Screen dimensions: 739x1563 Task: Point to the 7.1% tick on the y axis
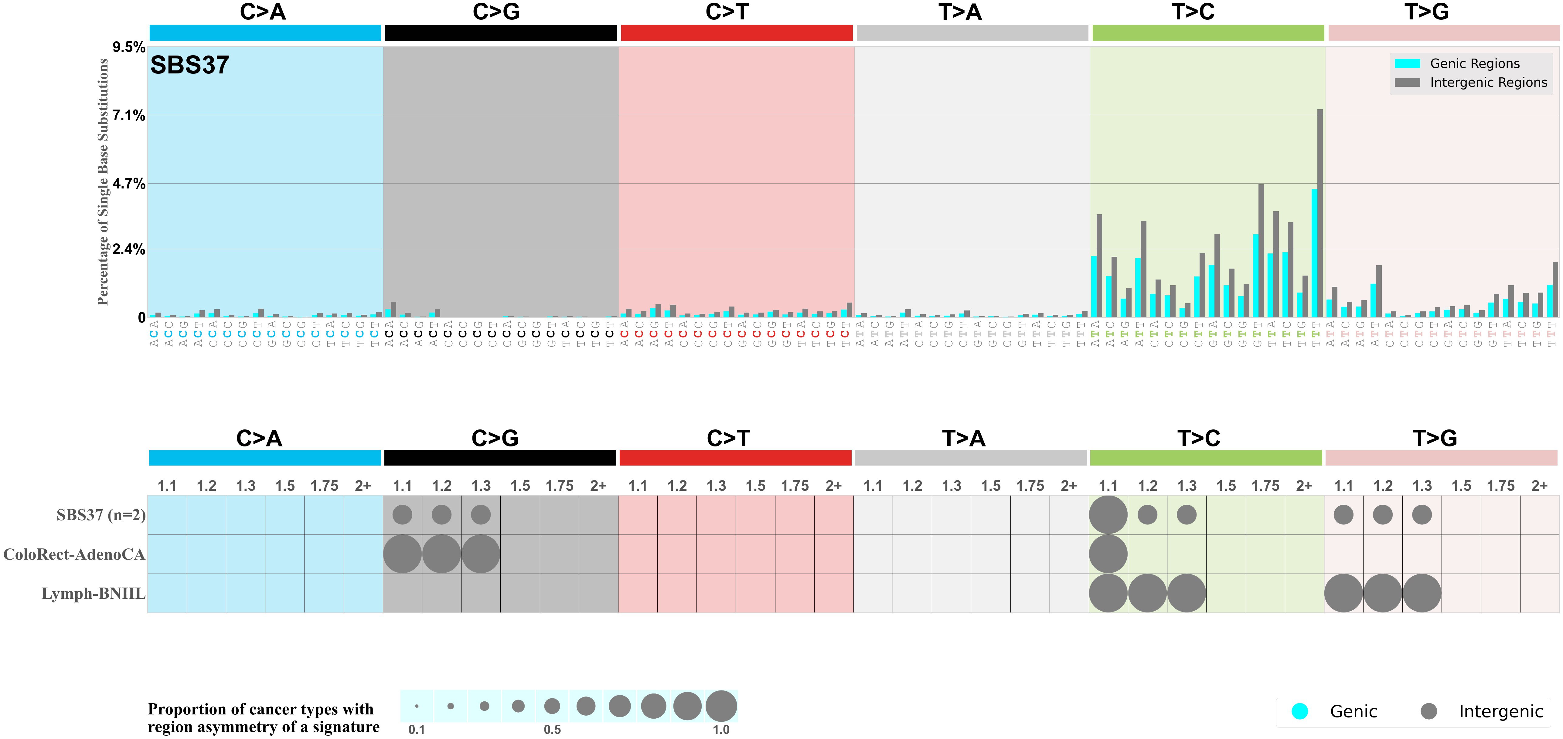coord(129,115)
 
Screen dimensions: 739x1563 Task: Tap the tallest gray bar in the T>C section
coord(1320,212)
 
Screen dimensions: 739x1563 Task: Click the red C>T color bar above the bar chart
coord(737,33)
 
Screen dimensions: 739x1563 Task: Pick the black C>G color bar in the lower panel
coord(500,458)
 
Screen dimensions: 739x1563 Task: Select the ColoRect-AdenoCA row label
coord(74,554)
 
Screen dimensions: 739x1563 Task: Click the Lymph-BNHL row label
coord(94,593)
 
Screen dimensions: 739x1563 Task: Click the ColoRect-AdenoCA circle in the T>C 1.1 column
coord(1108,554)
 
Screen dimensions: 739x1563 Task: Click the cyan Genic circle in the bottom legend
coord(1299,711)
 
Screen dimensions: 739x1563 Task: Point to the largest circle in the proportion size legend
coord(721,706)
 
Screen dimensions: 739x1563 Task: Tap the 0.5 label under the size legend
coord(552,729)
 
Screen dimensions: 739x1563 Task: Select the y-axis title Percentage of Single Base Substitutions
coord(103,182)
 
